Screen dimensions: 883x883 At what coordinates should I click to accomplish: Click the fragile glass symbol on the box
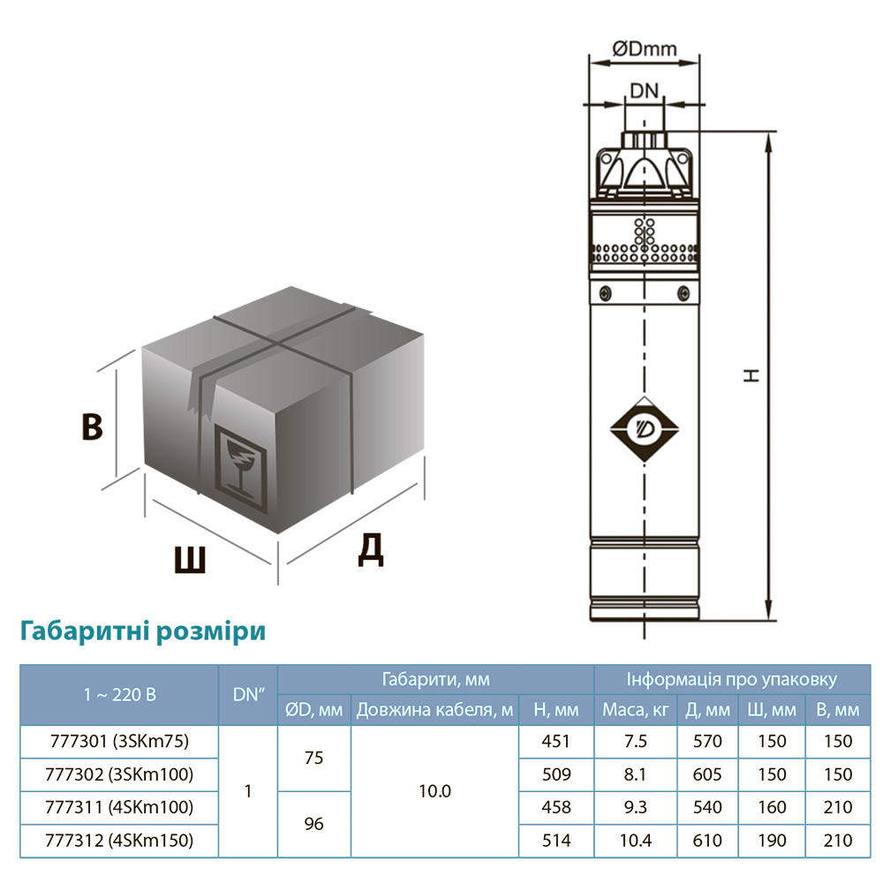tap(239, 466)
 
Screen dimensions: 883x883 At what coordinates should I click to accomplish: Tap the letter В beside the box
tap(92, 426)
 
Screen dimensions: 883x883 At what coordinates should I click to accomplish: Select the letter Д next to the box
tap(371, 550)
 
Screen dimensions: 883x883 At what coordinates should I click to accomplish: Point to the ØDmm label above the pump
tap(645, 50)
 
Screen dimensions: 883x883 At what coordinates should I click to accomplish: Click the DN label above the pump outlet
tap(645, 90)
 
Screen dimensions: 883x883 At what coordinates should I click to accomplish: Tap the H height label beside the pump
tap(751, 374)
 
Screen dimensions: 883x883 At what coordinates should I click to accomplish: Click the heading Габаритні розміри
tap(142, 632)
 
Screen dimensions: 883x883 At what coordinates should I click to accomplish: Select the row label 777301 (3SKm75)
tap(118, 742)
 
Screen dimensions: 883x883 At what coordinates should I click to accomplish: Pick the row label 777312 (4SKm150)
tap(118, 840)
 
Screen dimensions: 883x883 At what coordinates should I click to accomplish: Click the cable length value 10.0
tap(435, 791)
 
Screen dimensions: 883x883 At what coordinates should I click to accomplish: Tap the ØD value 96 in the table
tap(313, 824)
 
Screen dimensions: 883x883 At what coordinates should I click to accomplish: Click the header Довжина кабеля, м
tap(435, 710)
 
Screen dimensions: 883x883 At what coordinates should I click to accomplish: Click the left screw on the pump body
tap(606, 293)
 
